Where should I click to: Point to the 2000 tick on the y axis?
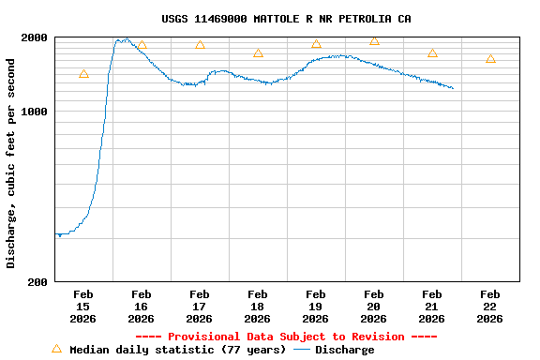[36, 37]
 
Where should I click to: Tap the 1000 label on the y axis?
[36, 112]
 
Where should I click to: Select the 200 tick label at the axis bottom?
[39, 281]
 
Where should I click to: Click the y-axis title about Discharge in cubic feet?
[11, 163]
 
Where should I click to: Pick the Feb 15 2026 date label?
[82, 307]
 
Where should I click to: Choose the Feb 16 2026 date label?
[141, 307]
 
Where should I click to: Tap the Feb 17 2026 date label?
[199, 307]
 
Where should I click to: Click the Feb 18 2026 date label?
[257, 307]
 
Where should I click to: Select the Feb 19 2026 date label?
[315, 307]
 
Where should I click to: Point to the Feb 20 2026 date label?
[373, 307]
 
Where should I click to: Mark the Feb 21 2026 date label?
[431, 307]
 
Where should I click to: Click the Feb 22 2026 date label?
[489, 307]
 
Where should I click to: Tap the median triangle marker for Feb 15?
[83, 74]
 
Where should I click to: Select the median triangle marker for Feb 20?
[374, 41]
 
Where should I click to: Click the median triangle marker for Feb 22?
[490, 59]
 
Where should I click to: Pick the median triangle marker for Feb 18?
[258, 53]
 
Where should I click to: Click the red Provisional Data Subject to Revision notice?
[286, 337]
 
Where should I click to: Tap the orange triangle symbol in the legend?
[56, 349]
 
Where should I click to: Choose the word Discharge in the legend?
[344, 350]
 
